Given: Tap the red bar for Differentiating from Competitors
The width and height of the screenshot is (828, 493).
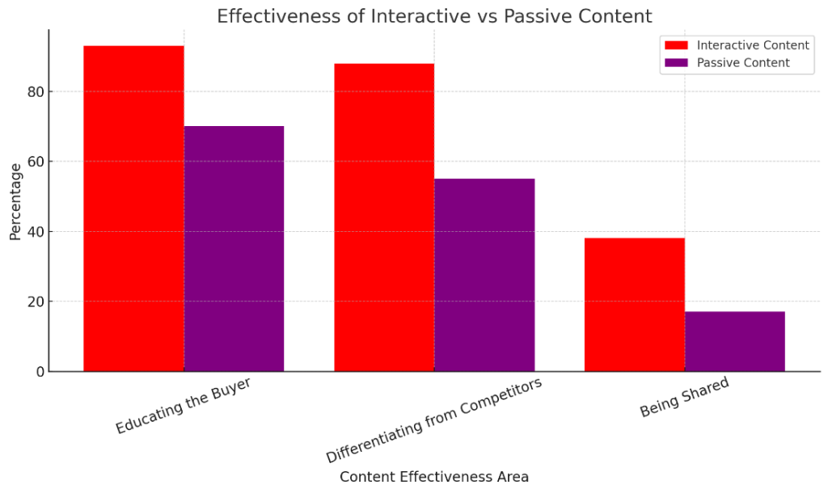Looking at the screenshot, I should tap(384, 217).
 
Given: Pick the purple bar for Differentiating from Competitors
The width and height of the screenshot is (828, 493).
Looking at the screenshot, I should tap(484, 275).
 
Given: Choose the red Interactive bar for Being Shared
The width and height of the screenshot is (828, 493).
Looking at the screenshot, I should tap(635, 305).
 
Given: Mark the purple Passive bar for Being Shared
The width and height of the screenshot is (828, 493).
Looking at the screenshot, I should tap(735, 341).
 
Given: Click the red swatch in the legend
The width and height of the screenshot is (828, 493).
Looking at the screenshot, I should tap(675, 45).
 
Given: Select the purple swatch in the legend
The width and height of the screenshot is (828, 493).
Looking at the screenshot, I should tap(675, 62).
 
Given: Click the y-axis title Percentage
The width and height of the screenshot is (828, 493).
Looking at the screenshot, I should tap(15, 201).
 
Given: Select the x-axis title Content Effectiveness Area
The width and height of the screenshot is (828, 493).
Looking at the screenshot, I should tap(434, 477).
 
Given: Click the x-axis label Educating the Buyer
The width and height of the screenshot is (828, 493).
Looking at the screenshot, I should tap(183, 405).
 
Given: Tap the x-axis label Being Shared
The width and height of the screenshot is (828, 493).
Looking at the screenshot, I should tap(684, 397).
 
